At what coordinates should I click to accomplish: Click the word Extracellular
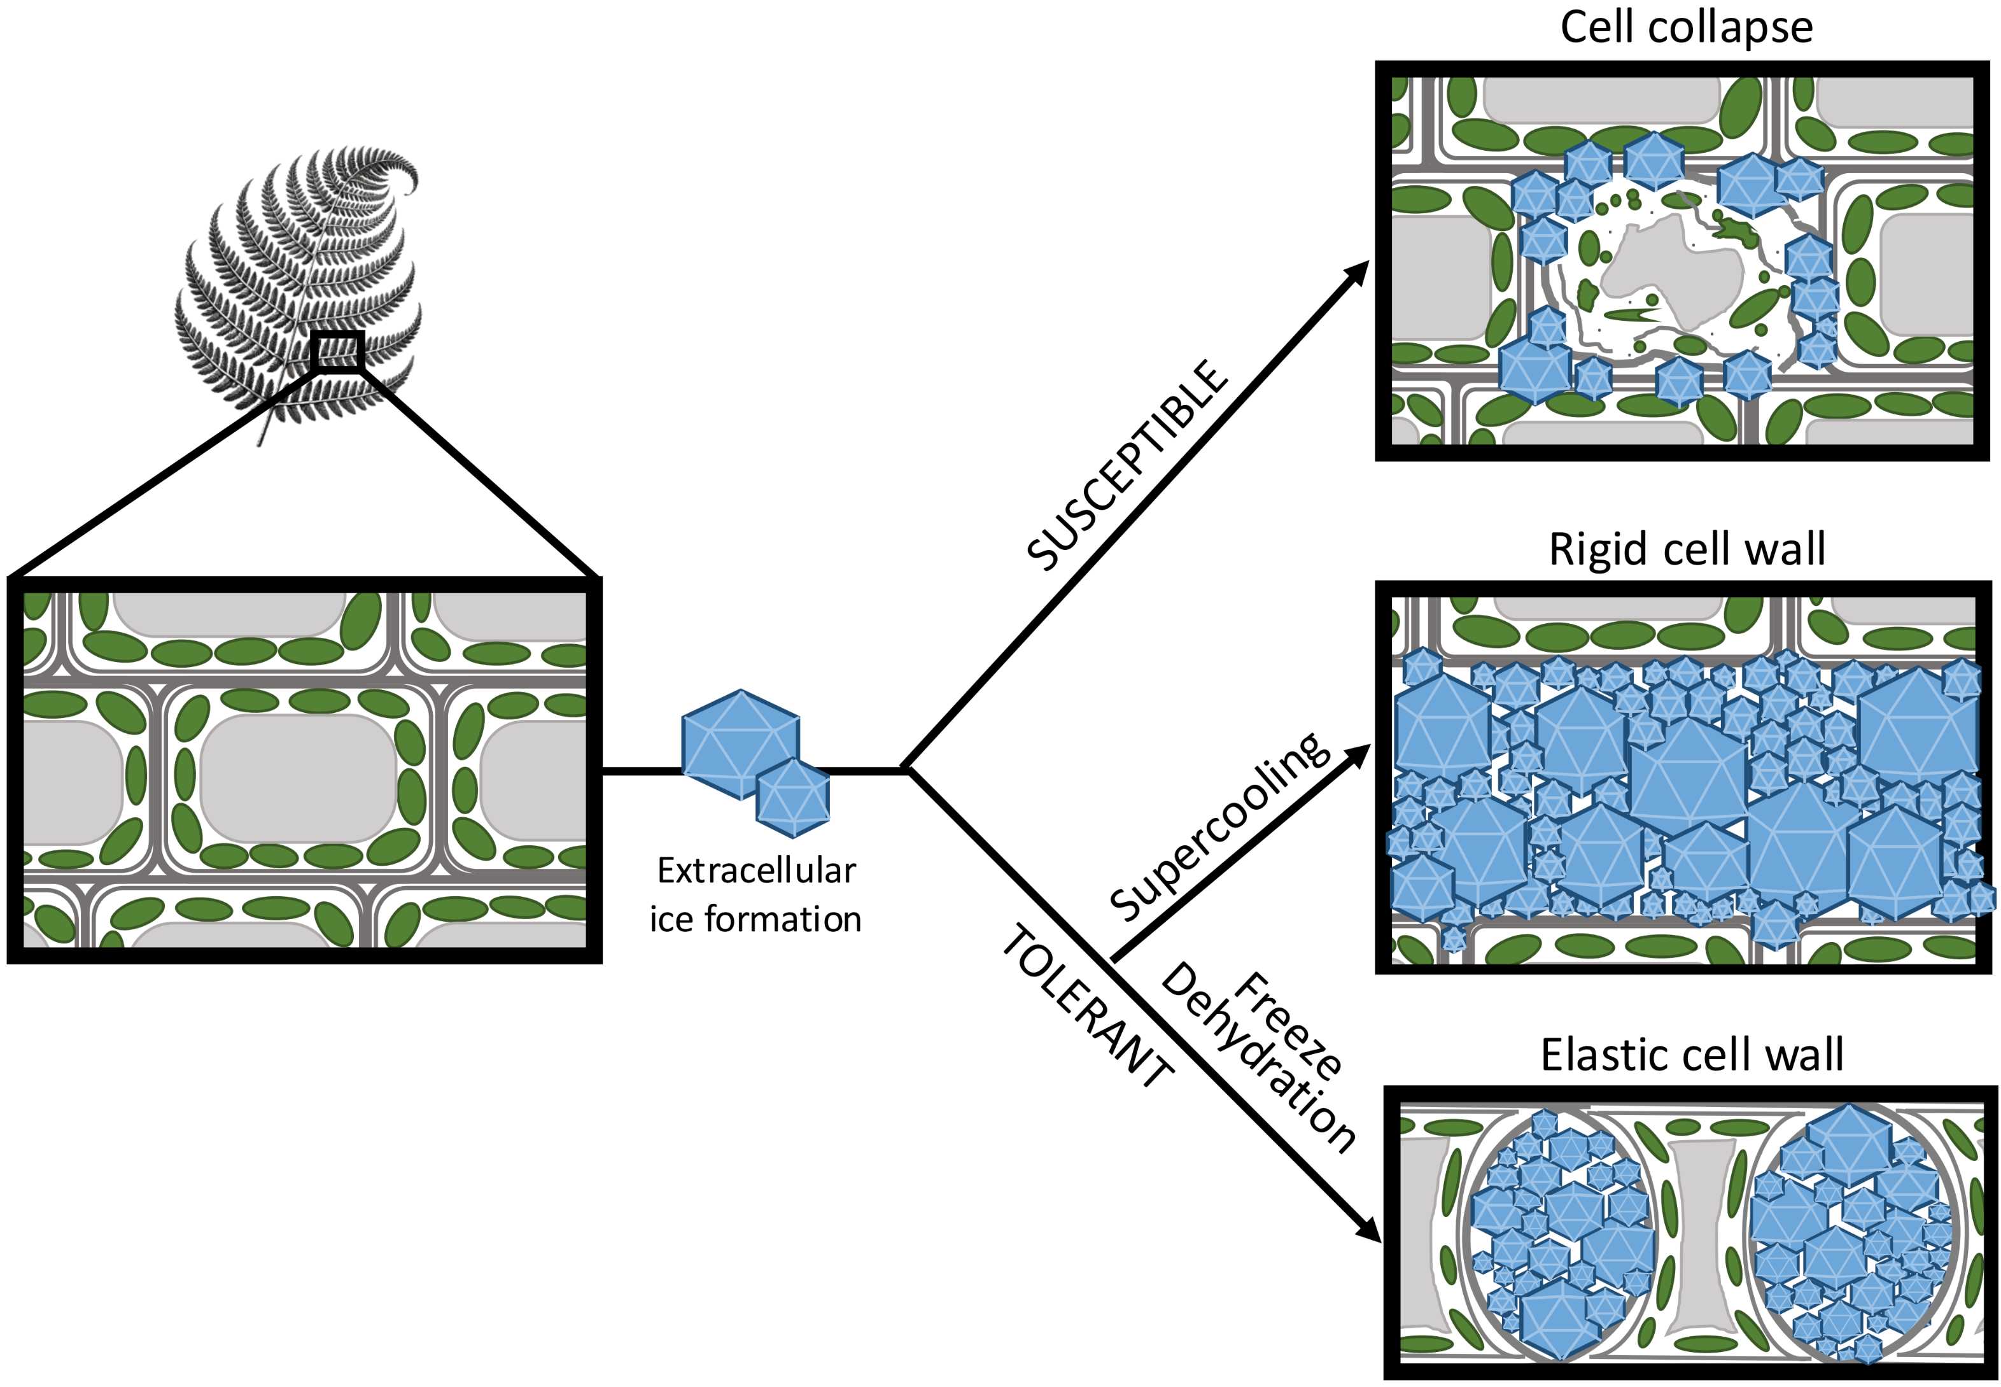click(756, 870)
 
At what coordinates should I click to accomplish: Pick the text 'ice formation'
click(755, 919)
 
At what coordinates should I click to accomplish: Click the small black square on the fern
click(336, 352)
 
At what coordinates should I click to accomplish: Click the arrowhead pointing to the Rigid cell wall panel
click(1356, 754)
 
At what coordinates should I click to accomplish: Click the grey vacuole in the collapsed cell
click(1642, 269)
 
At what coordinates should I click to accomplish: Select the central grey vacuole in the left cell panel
click(300, 778)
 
